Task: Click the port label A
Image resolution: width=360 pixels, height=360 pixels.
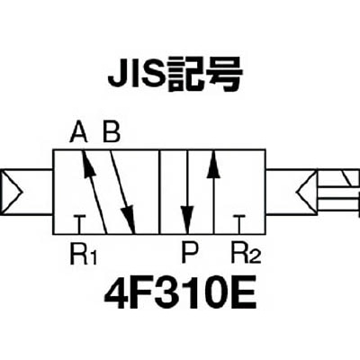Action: tap(78, 132)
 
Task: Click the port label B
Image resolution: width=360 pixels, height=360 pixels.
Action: tap(112, 132)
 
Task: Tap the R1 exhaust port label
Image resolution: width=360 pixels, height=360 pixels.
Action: tap(84, 255)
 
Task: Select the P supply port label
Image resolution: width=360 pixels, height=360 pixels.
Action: tap(190, 254)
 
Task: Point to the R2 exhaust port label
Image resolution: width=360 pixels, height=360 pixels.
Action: tap(246, 255)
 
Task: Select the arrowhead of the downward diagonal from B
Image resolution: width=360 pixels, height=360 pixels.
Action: tap(129, 219)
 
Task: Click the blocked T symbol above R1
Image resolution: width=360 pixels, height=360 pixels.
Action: tap(79, 224)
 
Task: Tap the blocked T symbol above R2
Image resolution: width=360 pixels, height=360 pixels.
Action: tap(239, 224)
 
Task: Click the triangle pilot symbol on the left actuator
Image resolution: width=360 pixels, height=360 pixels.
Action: tap(12, 193)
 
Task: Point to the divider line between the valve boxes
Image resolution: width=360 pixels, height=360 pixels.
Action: tap(159, 192)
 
